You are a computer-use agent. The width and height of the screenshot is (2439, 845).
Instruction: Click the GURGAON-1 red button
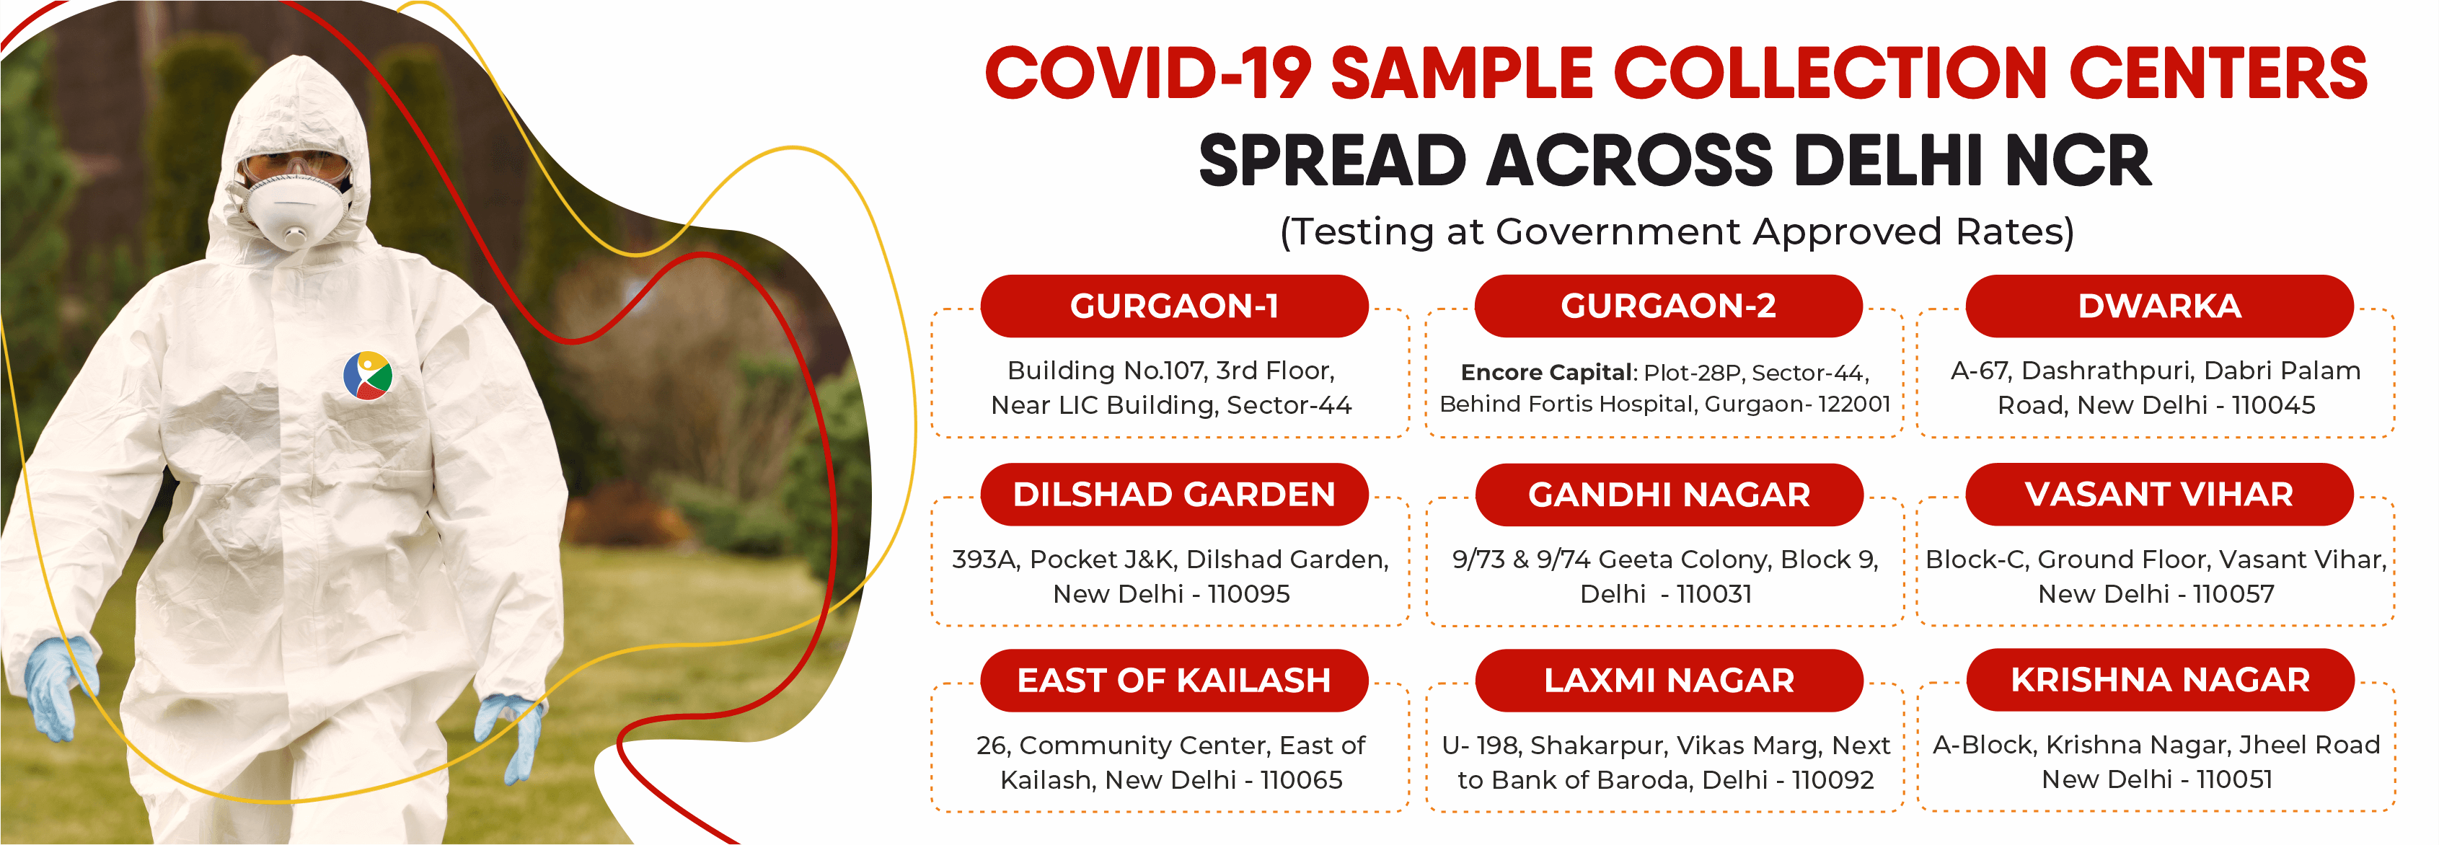pyautogui.click(x=1174, y=306)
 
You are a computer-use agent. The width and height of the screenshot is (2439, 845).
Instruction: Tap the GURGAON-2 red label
pyautogui.click(x=1668, y=306)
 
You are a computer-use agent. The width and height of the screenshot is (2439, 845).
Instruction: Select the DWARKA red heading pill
pyautogui.click(x=2160, y=306)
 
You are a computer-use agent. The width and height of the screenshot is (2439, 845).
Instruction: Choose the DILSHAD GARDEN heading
pyautogui.click(x=1174, y=494)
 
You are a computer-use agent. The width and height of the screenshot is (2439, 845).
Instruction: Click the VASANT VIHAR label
pyautogui.click(x=2160, y=494)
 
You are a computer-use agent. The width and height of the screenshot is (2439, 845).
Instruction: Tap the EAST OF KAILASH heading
pyautogui.click(x=1174, y=681)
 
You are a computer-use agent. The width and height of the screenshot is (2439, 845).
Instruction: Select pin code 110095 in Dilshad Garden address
pyautogui.click(x=1249, y=593)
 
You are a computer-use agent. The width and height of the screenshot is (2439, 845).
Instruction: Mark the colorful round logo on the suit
pyautogui.click(x=367, y=376)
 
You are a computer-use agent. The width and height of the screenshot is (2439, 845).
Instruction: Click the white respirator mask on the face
pyautogui.click(x=293, y=210)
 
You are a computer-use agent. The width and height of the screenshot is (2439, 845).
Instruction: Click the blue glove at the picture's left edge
pyautogui.click(x=61, y=686)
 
